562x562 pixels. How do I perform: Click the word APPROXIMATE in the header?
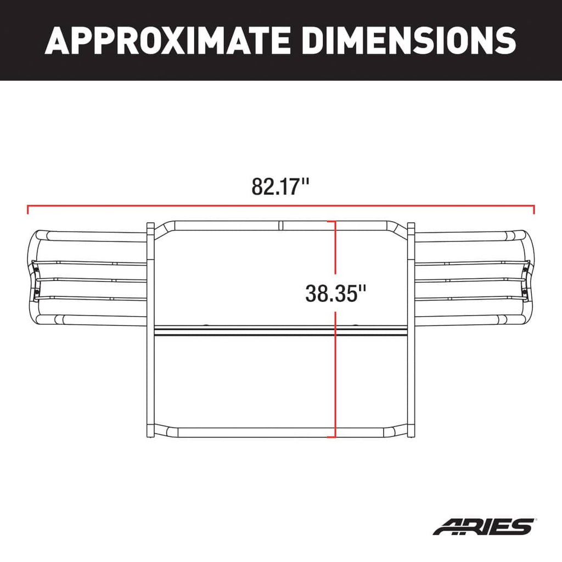(x=170, y=41)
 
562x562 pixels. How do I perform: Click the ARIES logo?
(x=482, y=526)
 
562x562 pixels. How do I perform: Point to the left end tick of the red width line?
(x=27, y=210)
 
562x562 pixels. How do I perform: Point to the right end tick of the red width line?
(x=534, y=210)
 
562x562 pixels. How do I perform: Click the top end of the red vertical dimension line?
(x=331, y=222)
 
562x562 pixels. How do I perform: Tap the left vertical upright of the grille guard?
(x=150, y=329)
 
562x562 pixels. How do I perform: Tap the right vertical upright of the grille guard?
(x=411, y=329)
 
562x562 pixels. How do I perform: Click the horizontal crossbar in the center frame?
(x=247, y=331)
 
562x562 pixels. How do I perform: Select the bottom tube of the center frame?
(x=247, y=432)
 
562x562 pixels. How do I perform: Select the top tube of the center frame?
(x=231, y=225)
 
